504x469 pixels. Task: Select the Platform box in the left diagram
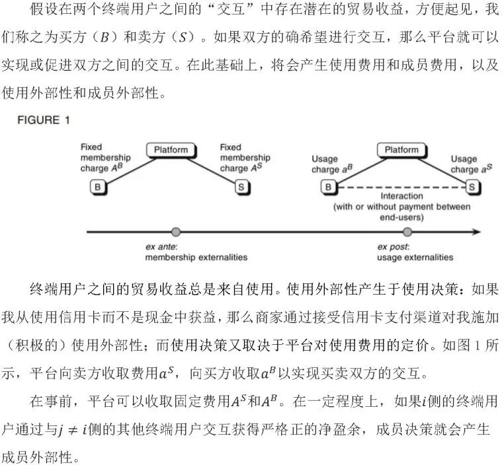tap(171, 150)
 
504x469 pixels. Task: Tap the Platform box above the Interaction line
tap(401, 150)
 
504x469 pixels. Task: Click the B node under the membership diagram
tap(98, 187)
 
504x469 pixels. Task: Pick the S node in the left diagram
tap(241, 187)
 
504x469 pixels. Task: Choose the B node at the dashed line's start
tap(328, 187)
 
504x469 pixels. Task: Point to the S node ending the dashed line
tap(472, 187)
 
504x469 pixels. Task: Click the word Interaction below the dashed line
tap(401, 197)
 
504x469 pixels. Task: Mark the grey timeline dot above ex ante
tap(175, 232)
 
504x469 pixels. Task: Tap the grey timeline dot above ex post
tap(407, 232)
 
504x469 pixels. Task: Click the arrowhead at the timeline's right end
tap(476, 232)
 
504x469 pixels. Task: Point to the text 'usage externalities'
tap(415, 257)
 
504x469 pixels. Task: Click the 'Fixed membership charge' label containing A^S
tap(245, 158)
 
